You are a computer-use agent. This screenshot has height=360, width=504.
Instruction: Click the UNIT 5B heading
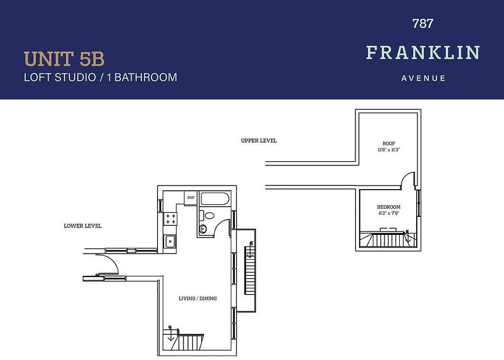[64, 59]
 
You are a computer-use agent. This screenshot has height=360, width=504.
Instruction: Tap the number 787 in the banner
[423, 23]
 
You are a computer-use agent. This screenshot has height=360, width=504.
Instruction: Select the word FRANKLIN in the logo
[423, 53]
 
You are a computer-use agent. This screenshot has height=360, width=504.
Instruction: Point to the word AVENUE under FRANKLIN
[423, 78]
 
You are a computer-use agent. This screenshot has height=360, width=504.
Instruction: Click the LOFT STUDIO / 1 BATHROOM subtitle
[100, 77]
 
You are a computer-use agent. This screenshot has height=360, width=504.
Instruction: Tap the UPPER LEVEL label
[259, 140]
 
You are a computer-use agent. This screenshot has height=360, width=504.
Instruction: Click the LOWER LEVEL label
[82, 225]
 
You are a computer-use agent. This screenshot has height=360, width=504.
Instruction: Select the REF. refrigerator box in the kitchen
[191, 198]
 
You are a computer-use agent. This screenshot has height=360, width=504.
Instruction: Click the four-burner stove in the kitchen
[171, 219]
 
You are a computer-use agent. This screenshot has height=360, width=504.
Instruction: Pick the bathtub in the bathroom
[215, 199]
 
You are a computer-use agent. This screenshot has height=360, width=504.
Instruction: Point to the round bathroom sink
[203, 229]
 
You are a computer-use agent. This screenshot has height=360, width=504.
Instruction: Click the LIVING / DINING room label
[198, 298]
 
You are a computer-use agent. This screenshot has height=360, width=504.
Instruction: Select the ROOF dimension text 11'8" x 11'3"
[389, 150]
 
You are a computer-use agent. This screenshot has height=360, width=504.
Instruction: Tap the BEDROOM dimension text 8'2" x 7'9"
[388, 213]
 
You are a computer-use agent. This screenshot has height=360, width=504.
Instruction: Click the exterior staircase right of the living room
[249, 270]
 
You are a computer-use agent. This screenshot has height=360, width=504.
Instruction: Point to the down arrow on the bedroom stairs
[407, 237]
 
